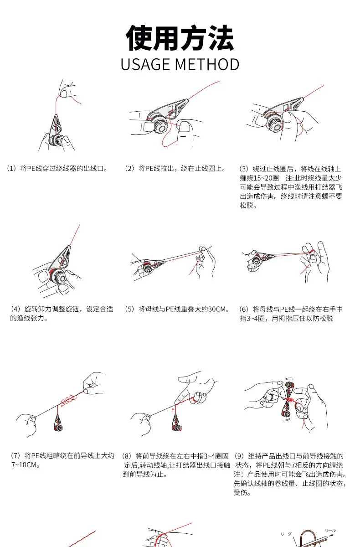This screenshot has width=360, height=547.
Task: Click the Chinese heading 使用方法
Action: point(180,38)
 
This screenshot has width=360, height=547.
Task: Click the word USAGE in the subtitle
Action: point(146,64)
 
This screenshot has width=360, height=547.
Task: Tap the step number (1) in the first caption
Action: point(11,169)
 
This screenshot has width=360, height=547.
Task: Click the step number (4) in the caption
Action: point(15,309)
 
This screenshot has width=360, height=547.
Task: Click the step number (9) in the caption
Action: point(239,456)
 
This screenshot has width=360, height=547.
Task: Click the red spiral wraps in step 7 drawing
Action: point(67,401)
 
